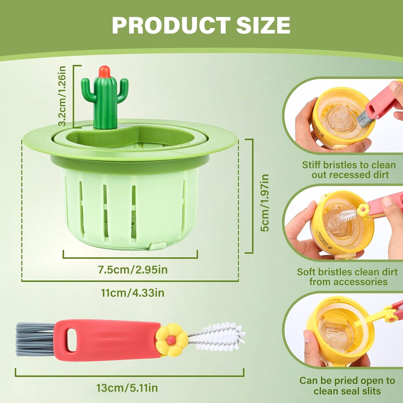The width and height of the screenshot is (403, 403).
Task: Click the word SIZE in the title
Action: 263,25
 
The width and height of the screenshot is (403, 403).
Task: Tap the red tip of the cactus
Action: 105,71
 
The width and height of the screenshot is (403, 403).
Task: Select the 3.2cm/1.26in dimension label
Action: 62,96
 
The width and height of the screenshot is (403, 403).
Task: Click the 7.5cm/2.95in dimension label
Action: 133,269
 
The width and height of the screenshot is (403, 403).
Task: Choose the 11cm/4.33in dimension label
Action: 133,293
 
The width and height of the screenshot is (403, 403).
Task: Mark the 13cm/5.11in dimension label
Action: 127,388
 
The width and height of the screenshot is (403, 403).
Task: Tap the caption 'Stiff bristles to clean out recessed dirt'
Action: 349,170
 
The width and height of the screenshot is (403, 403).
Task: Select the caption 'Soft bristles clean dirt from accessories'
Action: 347,276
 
